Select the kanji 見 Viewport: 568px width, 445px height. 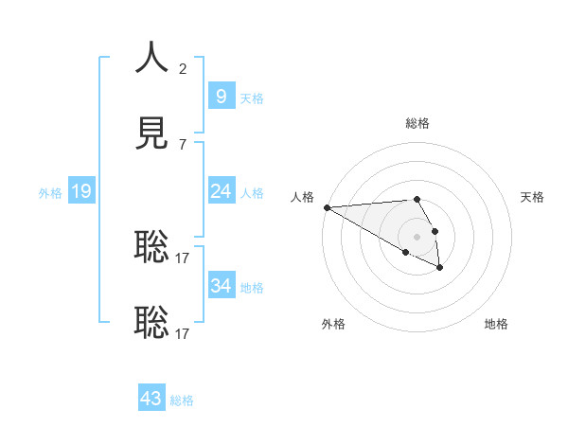coord(151,133)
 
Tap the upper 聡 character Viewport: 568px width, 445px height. coord(151,246)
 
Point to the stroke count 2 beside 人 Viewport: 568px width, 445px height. coord(183,68)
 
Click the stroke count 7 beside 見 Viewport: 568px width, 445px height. coord(183,144)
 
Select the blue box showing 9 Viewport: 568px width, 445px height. coord(221,96)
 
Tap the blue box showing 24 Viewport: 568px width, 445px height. coord(221,191)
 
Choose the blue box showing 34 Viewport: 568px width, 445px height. coord(221,285)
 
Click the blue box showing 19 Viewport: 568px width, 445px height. coord(80,191)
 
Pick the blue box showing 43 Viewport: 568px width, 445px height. coord(151,399)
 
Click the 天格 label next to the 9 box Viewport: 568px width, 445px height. coord(252,98)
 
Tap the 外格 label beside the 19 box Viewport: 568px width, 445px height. coord(50,193)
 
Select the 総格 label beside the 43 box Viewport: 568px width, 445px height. coord(182,400)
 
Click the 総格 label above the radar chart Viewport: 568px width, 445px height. coord(417,123)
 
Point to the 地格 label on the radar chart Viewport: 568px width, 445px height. coord(496,324)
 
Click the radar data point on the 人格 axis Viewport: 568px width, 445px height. coord(326,207)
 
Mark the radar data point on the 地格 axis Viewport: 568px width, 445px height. coord(440,269)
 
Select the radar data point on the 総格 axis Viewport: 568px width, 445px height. coord(417,199)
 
